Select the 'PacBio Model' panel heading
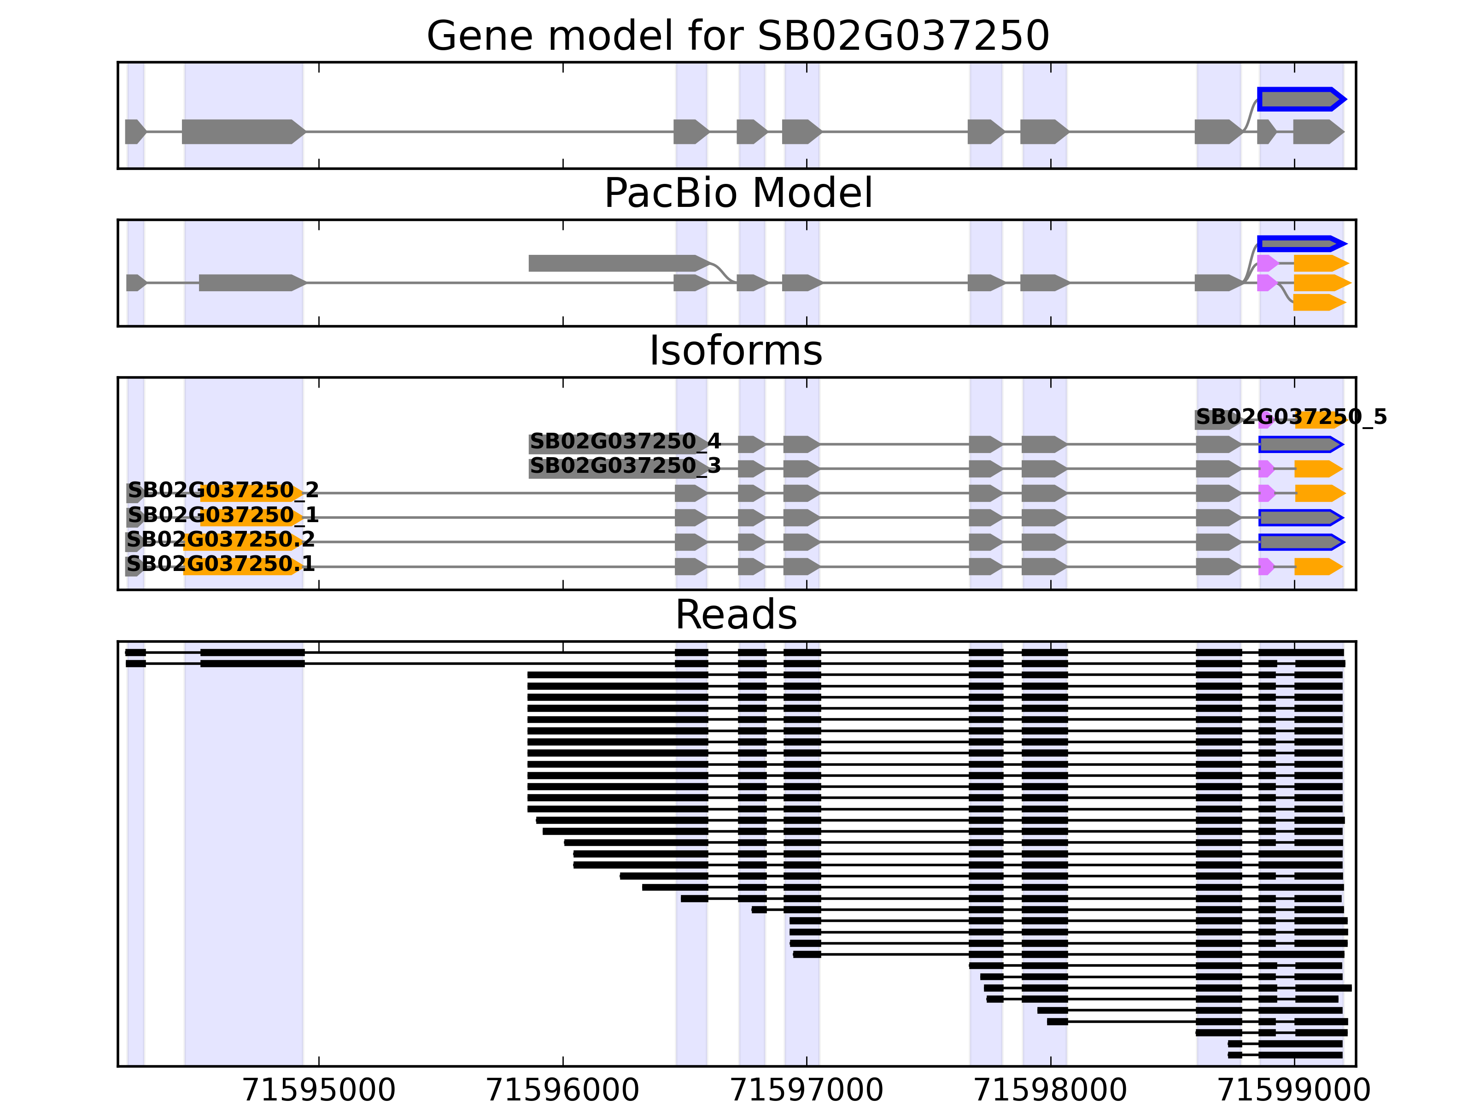pos(737,194)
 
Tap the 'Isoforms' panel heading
pos(736,351)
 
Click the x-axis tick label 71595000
pos(319,1090)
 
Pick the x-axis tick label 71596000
pos(562,1090)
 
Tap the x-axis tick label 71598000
pos(1050,1090)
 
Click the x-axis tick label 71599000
pos(1294,1090)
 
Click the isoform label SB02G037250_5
pos(1291,418)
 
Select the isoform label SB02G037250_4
pos(625,441)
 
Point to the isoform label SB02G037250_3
pos(625,465)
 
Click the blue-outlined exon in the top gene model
pos(1299,100)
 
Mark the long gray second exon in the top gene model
pos(241,132)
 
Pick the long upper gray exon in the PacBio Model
pos(616,263)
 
